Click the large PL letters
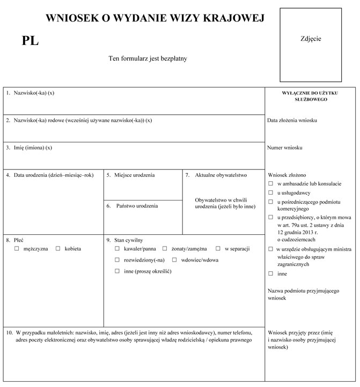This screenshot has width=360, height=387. pyautogui.click(x=30, y=41)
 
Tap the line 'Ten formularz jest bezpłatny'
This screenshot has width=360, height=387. pyautogui.click(x=148, y=58)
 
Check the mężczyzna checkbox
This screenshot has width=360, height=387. pyautogui.click(x=17, y=249)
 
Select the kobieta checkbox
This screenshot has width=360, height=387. pyautogui.click(x=58, y=249)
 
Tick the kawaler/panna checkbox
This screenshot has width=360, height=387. pyautogui.click(x=117, y=249)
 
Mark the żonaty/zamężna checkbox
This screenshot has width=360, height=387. pyautogui.click(x=165, y=249)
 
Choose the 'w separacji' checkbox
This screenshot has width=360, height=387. pyautogui.click(x=218, y=249)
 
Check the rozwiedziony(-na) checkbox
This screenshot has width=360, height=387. pyautogui.click(x=117, y=260)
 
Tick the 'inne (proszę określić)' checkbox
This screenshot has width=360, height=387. pyautogui.click(x=117, y=271)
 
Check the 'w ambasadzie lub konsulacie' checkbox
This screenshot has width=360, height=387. pyautogui.click(x=270, y=183)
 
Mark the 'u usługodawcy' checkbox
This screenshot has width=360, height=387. pyautogui.click(x=270, y=192)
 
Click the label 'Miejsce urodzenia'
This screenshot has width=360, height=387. pyautogui.click(x=134, y=175)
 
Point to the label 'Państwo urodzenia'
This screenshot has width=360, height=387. pyautogui.click(x=137, y=206)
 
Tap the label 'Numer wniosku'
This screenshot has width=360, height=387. pyautogui.click(x=285, y=147)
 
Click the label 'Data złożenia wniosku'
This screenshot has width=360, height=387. pyautogui.click(x=292, y=120)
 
